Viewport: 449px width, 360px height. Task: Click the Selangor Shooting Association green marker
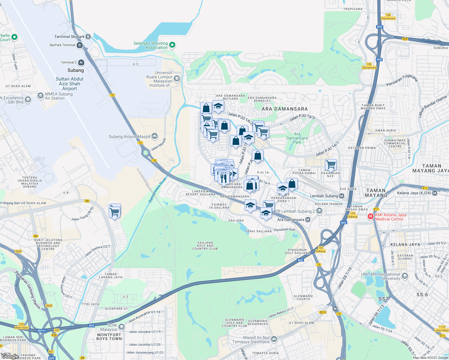click(x=172, y=45)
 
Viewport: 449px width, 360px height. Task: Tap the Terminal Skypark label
click(x=69, y=37)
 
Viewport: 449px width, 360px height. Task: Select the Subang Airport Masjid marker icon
click(x=155, y=136)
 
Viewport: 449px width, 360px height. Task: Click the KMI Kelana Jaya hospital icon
click(x=371, y=216)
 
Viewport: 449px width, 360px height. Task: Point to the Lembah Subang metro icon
click(x=341, y=196)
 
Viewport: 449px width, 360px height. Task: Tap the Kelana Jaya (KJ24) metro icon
click(x=435, y=193)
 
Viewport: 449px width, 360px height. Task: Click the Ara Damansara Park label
click(x=297, y=138)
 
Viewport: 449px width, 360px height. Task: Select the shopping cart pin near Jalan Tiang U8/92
click(x=115, y=212)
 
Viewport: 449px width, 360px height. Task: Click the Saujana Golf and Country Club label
click(x=205, y=246)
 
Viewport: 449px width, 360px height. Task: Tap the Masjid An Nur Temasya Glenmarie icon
click(x=274, y=339)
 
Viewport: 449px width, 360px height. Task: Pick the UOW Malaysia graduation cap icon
click(x=122, y=327)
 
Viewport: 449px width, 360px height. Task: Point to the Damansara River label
click(x=157, y=190)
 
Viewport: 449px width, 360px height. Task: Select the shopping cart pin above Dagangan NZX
click(x=331, y=164)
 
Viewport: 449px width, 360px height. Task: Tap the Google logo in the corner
click(x=10, y=356)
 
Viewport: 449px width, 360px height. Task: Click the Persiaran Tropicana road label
click(x=402, y=80)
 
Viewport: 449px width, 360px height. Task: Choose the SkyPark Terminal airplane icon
click(x=80, y=45)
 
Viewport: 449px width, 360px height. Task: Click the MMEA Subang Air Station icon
click(x=41, y=96)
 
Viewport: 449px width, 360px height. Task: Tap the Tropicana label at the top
click(x=353, y=9)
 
